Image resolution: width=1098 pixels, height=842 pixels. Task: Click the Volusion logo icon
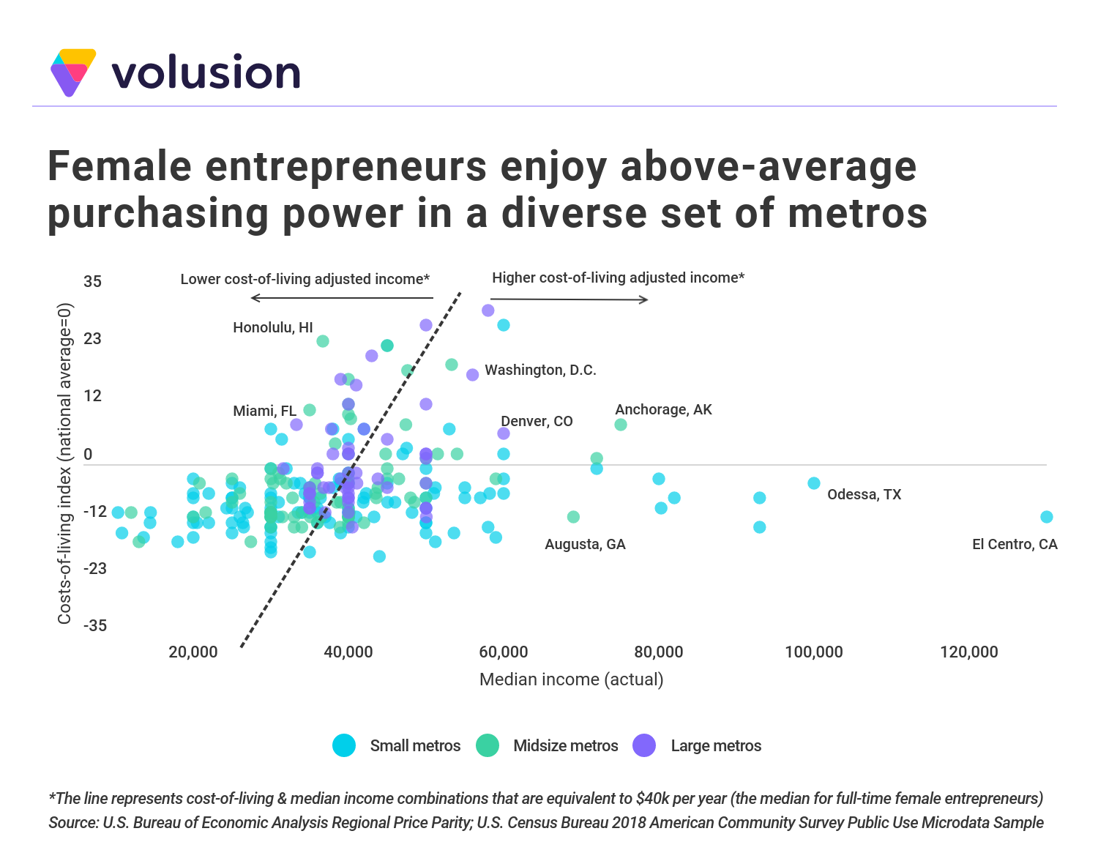[x=72, y=72]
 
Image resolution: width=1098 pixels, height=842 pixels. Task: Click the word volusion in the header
[x=206, y=72]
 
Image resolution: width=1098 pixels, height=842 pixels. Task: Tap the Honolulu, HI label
[x=272, y=327]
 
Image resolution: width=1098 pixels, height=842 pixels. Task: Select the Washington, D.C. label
[x=540, y=370]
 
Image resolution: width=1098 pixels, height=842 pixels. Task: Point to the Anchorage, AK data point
[x=621, y=425]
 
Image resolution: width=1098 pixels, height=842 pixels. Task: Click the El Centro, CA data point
[x=1047, y=517]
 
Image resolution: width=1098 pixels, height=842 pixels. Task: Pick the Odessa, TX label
[x=864, y=494]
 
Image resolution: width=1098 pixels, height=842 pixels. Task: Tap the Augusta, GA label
[x=585, y=544]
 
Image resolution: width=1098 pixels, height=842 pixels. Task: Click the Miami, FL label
[x=264, y=411]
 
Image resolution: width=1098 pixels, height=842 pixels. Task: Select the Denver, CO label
[x=537, y=421]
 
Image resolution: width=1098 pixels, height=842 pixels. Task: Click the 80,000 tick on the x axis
[x=658, y=652]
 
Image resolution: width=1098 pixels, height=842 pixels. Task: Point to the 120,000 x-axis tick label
[x=968, y=652]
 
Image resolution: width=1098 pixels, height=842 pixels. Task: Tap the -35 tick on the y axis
[x=95, y=625]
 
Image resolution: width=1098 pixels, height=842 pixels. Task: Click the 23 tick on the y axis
[x=93, y=338]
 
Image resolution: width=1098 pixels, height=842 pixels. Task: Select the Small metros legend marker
[x=344, y=745]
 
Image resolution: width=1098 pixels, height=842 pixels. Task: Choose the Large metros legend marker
[x=644, y=745]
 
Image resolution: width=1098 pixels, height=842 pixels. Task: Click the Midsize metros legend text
[x=565, y=745]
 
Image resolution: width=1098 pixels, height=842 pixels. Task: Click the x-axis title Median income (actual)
[x=571, y=679]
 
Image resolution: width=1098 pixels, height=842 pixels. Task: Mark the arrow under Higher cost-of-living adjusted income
[x=569, y=299]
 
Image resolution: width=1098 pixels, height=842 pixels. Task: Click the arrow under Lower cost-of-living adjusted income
[x=342, y=298]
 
